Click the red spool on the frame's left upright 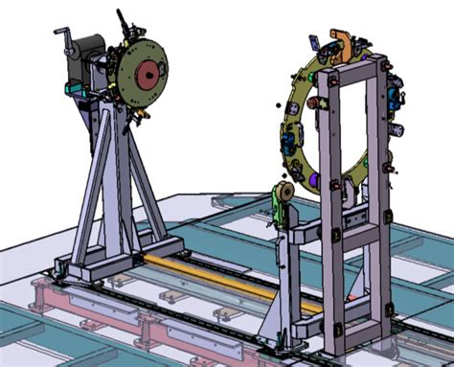pyautogui.click(x=333, y=184)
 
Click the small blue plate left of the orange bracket pyautogui.click(x=313, y=43)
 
